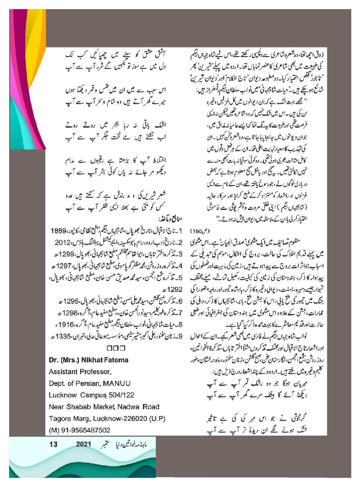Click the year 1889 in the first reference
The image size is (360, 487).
pyautogui.click(x=58, y=230)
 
